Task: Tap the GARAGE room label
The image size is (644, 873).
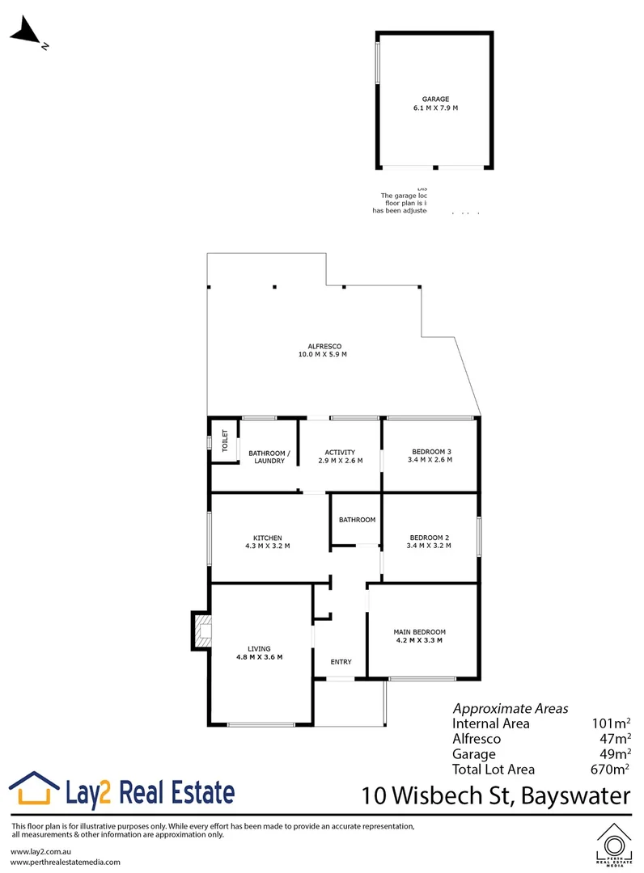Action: click(434, 99)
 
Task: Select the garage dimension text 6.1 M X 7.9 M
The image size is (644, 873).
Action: click(434, 108)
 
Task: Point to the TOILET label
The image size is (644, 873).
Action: click(226, 441)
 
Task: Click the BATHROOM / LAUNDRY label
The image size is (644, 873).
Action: click(266, 457)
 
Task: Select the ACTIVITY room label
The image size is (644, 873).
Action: click(340, 452)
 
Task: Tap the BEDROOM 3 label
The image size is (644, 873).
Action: click(430, 452)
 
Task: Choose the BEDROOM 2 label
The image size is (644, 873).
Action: click(430, 537)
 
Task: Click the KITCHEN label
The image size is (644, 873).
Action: click(268, 538)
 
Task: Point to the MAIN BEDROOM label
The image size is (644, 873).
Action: click(419, 632)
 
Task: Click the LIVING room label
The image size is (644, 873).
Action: click(259, 648)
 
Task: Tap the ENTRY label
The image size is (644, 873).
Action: click(341, 662)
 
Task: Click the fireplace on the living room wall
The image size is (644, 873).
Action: click(201, 630)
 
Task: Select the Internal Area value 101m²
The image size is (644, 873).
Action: click(612, 723)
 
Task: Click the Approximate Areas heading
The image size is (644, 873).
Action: click(510, 707)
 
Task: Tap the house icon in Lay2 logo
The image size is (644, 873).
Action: click(34, 789)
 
